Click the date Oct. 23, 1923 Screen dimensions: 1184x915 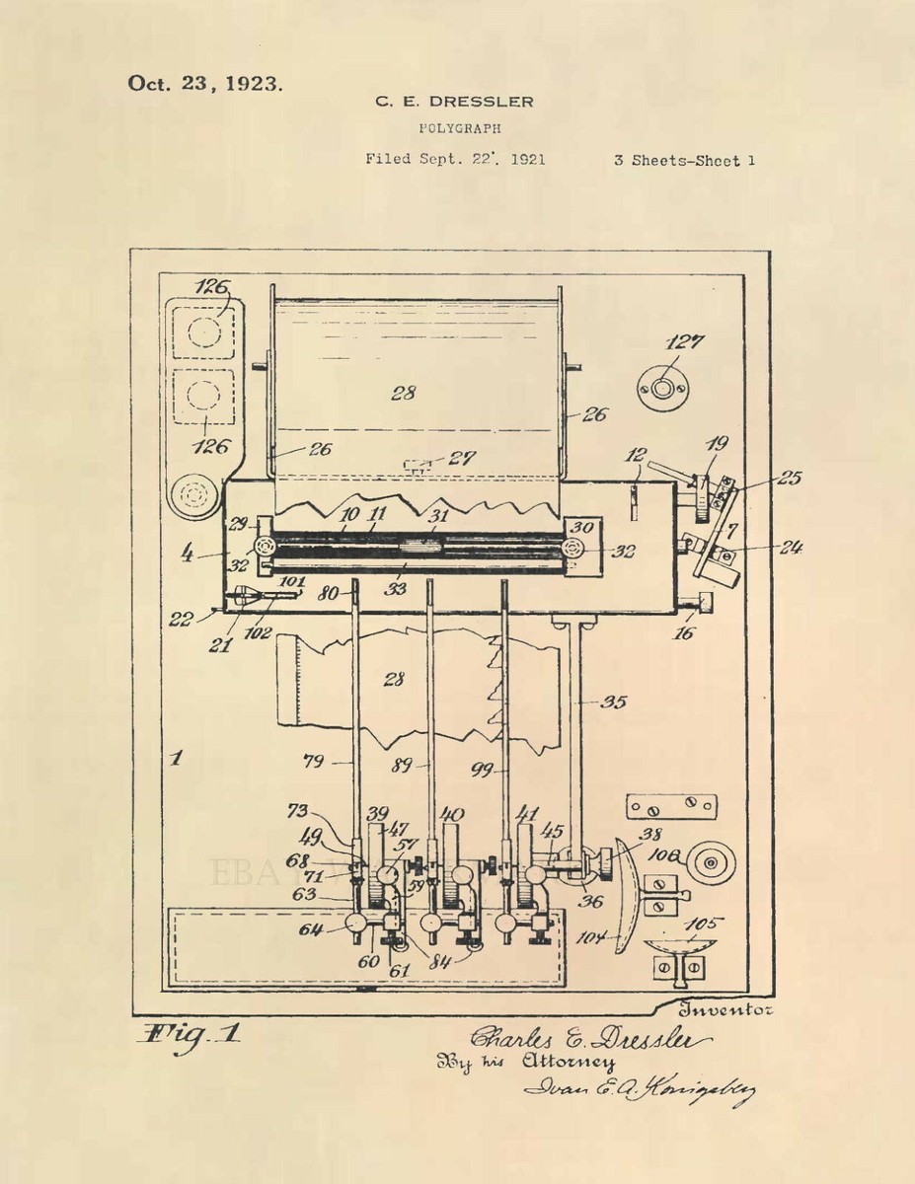tap(204, 83)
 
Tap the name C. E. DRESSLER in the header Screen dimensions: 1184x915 tap(453, 102)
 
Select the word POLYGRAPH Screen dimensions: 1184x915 tap(460, 128)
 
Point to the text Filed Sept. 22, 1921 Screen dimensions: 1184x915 tap(455, 158)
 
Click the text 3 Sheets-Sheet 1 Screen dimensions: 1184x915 tap(684, 159)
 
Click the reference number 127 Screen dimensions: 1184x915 tap(684, 342)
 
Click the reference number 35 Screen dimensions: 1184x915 tap(614, 703)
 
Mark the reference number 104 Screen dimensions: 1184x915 tap(593, 937)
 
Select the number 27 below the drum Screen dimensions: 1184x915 tap(460, 459)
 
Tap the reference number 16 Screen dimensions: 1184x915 tap(683, 633)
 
